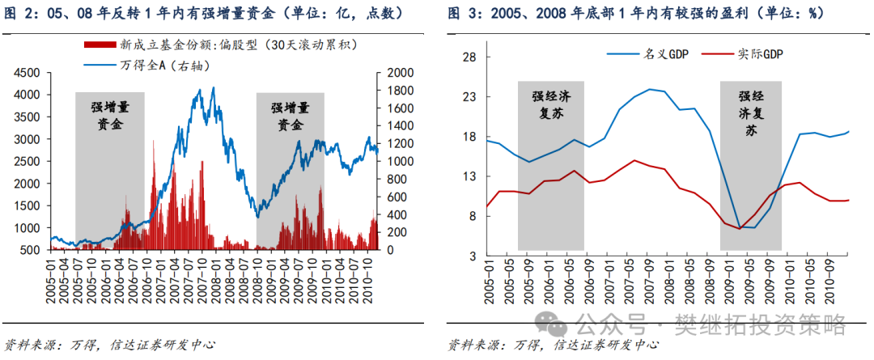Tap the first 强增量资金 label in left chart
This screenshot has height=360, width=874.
(110, 115)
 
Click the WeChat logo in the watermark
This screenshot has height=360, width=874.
(557, 325)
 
